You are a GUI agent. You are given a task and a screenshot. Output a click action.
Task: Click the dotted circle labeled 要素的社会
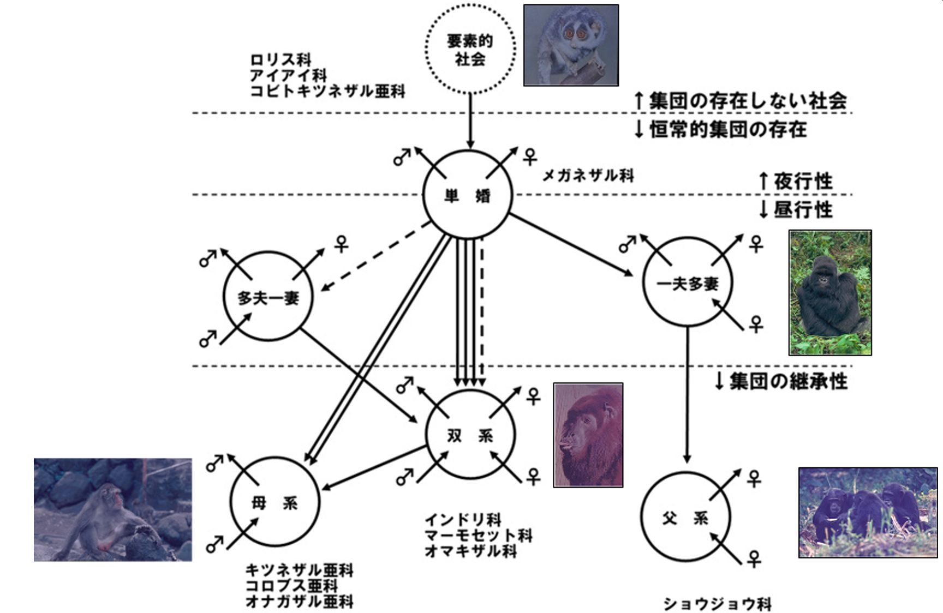pos(470,49)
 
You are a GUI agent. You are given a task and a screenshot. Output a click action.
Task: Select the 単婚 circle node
pos(468,195)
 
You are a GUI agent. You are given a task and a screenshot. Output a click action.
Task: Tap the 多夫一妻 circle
pos(268,297)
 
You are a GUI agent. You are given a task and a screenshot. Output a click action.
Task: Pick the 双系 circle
pos(470,435)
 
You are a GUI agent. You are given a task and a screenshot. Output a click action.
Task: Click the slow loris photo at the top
pos(571,45)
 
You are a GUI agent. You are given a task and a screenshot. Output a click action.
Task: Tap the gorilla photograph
pos(829,292)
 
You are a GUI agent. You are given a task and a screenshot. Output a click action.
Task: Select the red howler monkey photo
pos(588,435)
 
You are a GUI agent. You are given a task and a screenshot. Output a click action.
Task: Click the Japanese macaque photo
pos(113,509)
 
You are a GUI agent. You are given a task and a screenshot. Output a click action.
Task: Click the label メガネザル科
pos(588,176)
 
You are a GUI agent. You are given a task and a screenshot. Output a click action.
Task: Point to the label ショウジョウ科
pos(717,604)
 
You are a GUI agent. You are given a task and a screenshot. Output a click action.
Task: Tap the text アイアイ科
pos(288,75)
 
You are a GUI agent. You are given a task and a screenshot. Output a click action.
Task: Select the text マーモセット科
pos(478,535)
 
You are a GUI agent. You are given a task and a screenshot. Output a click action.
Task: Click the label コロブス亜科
pos(291,586)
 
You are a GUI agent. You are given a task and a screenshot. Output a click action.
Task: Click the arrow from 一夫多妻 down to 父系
pos(687,393)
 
